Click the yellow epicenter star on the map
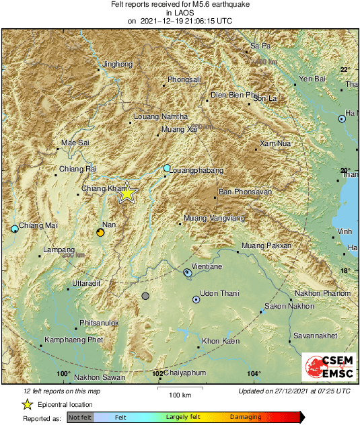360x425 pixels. pos(127,194)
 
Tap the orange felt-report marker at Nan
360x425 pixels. pos(100,232)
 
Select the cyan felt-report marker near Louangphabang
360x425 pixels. pos(167,167)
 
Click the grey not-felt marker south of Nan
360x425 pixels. pos(145,296)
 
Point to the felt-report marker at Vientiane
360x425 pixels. pos(188,272)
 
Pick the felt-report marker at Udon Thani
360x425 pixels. pos(196,300)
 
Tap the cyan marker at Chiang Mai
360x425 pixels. pos(15,229)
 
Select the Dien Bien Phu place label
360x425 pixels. pos(234,95)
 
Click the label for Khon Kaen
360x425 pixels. pos(221,342)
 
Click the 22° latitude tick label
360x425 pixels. pos(345,70)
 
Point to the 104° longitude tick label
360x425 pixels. pos(254,374)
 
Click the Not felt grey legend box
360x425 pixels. pos(80,418)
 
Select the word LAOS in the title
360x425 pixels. pos(180,12)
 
